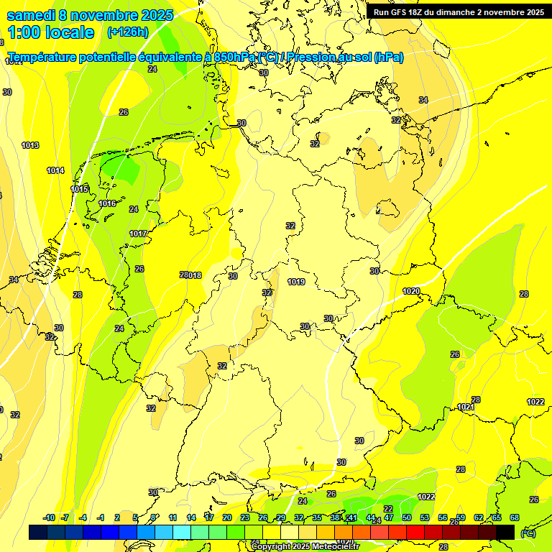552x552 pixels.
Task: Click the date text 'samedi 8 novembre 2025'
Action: click(90, 15)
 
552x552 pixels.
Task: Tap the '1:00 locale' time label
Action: click(51, 32)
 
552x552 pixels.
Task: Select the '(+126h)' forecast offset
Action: click(127, 32)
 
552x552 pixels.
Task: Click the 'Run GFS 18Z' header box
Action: click(459, 11)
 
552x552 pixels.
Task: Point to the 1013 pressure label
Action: click(30, 145)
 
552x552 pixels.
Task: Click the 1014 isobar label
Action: click(55, 170)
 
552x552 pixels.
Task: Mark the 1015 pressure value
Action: click(80, 189)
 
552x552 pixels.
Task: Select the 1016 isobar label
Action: click(107, 203)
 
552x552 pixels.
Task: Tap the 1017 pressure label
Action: click(138, 234)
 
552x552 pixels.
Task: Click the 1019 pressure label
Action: click(296, 282)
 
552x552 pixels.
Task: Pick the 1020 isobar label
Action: click(411, 291)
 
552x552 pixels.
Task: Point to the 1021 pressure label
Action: click(466, 407)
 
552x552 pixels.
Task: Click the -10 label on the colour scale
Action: click(50, 517)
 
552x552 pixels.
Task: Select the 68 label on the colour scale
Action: click(515, 517)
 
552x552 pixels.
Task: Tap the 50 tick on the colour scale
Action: click(407, 517)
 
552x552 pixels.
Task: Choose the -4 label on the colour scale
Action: click(83, 517)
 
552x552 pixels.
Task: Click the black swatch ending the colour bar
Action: click(505, 532)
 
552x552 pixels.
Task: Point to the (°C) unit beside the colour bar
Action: click(528, 533)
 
